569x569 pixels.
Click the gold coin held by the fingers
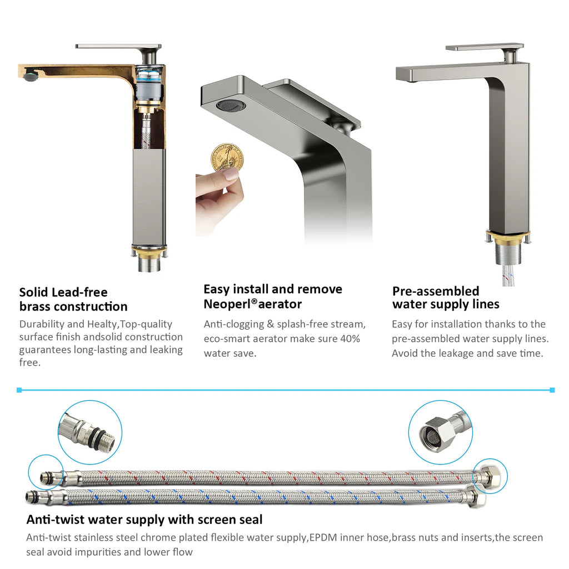tap(227, 157)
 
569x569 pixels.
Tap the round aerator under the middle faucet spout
tap(231, 105)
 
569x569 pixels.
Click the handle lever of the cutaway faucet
tap(118, 47)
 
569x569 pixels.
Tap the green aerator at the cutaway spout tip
tap(29, 76)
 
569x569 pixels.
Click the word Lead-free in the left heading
tap(79, 292)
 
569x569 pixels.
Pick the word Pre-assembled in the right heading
tap(436, 291)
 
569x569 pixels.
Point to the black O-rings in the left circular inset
tap(97, 435)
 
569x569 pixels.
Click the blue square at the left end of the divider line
tap(19, 390)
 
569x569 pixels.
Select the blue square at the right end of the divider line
tap(552, 390)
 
